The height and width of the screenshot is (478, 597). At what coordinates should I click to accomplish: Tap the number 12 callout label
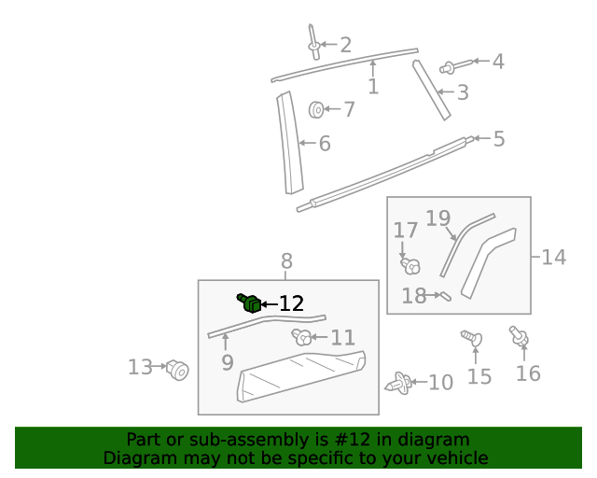point(291,303)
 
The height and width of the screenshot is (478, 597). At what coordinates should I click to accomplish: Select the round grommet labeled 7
point(317,110)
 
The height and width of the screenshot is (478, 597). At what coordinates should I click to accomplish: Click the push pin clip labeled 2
point(313,41)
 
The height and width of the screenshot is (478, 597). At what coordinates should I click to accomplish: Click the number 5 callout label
point(499,139)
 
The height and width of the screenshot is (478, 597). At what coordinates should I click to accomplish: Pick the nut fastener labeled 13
point(177,371)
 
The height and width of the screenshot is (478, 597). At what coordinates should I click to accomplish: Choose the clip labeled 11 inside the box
point(301,337)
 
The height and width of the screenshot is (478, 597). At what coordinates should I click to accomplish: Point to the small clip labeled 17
point(409,265)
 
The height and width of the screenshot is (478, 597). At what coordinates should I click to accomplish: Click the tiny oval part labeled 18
point(445,297)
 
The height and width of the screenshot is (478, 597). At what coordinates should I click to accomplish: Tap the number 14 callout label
point(554,257)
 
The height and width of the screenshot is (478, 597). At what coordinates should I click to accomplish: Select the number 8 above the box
point(286,261)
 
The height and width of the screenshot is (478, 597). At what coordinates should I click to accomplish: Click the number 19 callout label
point(437,218)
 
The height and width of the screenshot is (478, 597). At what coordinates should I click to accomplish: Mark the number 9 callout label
point(227,362)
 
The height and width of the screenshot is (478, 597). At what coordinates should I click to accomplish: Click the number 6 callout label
point(325,144)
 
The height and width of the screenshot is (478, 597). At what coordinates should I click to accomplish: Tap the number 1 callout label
point(373,87)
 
